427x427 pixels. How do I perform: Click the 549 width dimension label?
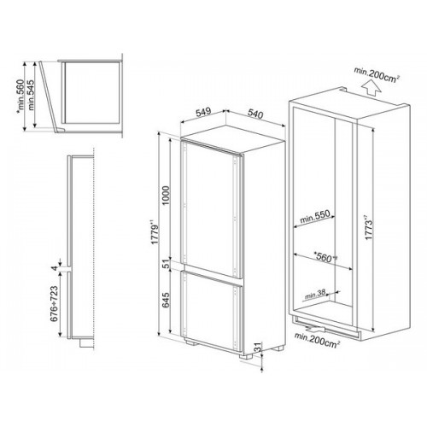203,112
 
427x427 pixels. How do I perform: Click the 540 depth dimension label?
255,114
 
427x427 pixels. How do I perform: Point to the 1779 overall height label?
155,231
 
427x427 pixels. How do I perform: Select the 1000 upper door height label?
166,196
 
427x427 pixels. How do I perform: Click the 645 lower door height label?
166,301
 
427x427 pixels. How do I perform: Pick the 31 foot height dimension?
257,348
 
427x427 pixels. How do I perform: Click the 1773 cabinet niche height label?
368,228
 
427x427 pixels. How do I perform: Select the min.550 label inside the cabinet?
315,217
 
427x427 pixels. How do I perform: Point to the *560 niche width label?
325,257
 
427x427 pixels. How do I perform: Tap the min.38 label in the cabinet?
315,295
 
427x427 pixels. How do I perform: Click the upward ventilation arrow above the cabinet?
372,88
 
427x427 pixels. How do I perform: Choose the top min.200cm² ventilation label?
376,74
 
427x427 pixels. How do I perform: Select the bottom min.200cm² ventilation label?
318,340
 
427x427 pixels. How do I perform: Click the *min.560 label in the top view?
20,96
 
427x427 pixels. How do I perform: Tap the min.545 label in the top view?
31,96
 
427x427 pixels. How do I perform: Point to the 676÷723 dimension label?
54,304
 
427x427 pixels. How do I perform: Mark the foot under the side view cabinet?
86,342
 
